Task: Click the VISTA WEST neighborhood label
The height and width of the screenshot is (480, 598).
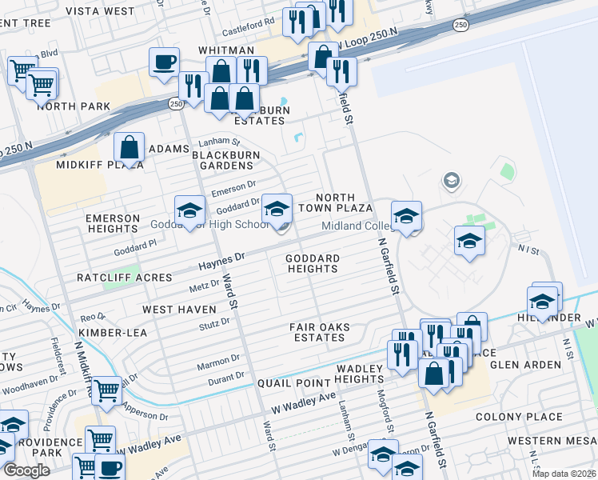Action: (100, 11)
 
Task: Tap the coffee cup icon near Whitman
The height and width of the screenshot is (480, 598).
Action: (164, 62)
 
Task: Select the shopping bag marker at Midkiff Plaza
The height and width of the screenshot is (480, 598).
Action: (129, 147)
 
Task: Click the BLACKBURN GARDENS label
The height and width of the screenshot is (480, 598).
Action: (222, 160)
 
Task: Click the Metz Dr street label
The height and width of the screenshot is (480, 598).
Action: (204, 284)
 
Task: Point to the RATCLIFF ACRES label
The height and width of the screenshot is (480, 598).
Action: (124, 278)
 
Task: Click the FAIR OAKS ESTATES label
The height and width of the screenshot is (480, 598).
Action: (318, 332)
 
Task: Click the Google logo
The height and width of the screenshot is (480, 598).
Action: (26, 470)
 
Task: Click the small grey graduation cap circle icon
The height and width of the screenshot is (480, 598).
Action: (451, 181)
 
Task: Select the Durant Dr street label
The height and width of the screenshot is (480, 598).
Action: (228, 375)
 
